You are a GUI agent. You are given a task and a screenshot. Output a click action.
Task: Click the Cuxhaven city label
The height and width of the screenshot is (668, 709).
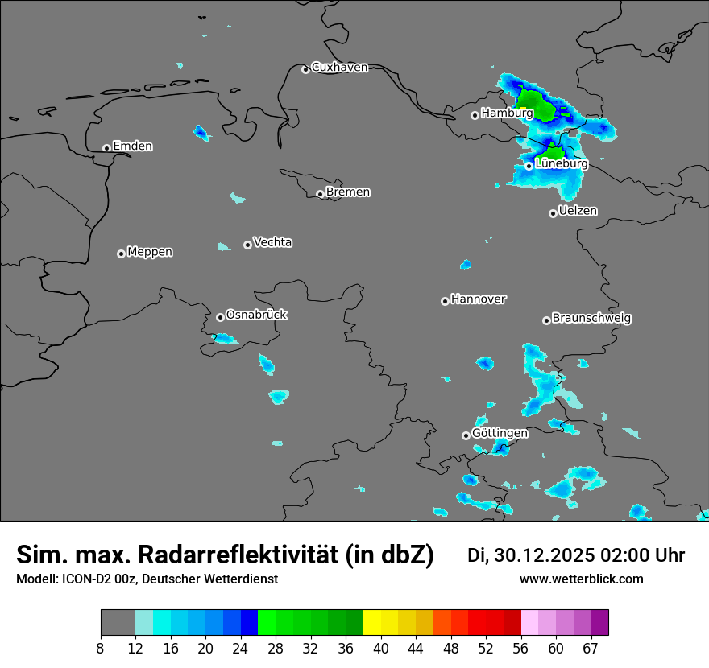click(339, 68)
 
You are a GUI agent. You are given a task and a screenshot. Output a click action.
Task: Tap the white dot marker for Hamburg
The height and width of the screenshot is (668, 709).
click(475, 115)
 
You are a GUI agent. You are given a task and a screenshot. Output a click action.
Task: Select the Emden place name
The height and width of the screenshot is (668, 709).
click(132, 146)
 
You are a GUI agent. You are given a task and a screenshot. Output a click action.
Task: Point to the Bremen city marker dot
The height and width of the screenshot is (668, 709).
click(320, 194)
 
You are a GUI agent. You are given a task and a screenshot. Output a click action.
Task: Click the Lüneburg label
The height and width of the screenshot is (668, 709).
click(562, 164)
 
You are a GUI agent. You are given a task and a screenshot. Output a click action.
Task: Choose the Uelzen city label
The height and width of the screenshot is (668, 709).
click(578, 211)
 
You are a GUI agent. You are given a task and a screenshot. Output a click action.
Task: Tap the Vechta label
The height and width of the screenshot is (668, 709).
click(272, 242)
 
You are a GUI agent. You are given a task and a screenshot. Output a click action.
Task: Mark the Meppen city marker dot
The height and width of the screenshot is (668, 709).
click(121, 254)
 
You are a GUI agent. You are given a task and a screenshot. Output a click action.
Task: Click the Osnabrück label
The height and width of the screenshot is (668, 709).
click(256, 315)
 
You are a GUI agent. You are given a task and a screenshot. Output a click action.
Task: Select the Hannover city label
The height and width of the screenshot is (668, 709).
click(478, 299)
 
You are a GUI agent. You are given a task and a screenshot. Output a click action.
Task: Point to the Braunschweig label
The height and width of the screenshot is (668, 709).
click(591, 319)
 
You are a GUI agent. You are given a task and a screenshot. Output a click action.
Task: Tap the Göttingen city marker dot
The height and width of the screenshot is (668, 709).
click(466, 435)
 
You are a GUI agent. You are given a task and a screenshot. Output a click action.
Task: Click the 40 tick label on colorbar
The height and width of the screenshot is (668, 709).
click(381, 649)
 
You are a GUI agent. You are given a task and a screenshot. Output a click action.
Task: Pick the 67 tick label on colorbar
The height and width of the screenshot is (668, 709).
click(591, 649)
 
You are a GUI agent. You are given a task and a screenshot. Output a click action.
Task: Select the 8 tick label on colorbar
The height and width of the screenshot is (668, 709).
click(101, 649)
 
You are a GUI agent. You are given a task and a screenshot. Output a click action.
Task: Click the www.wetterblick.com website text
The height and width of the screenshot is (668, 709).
click(581, 579)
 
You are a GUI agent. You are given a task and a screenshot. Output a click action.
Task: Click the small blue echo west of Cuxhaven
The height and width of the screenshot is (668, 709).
click(201, 133)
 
